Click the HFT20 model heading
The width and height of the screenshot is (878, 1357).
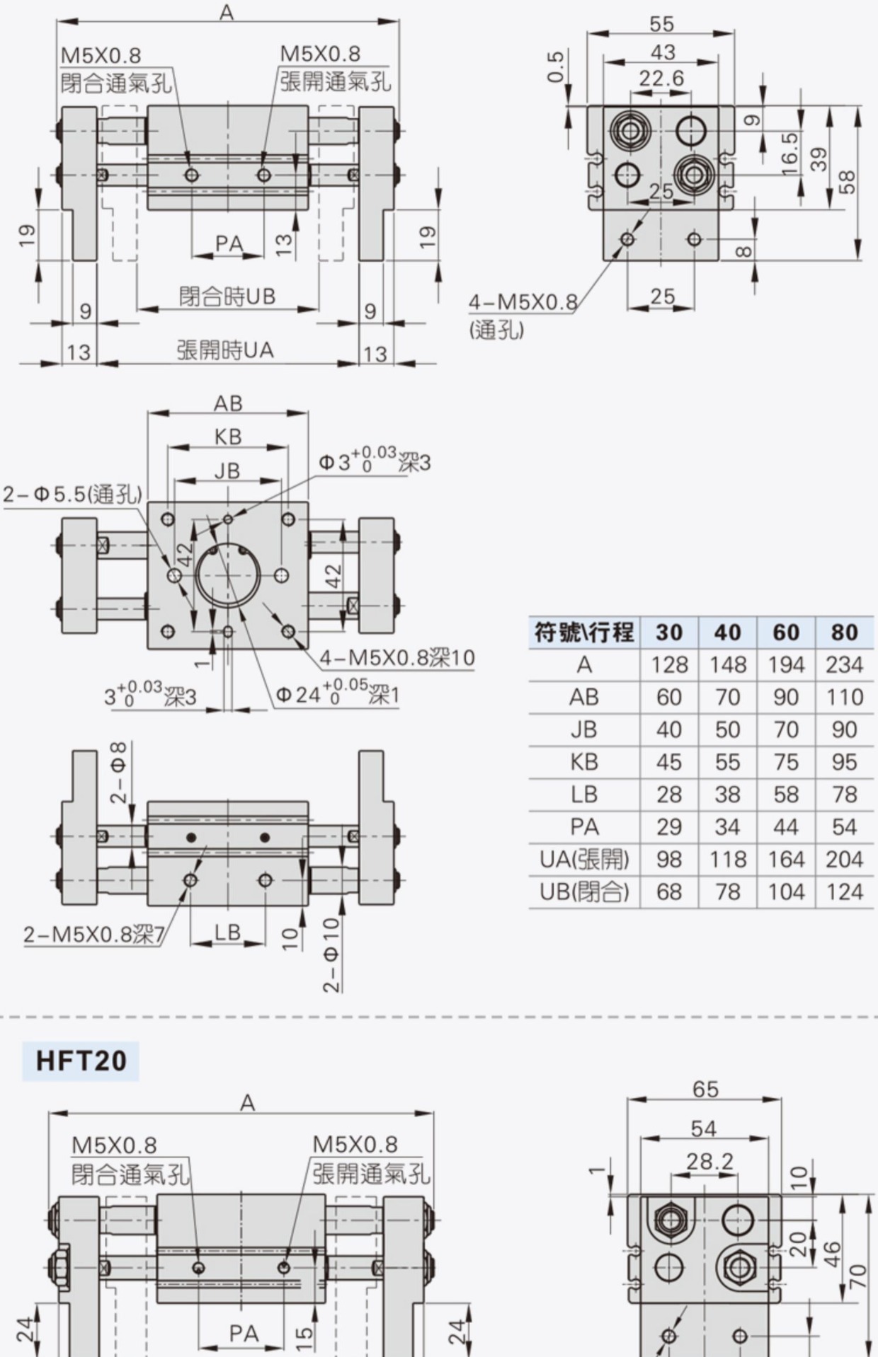coord(81,1061)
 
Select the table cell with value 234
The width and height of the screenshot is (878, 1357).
coord(845,664)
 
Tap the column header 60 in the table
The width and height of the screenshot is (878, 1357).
coord(786,632)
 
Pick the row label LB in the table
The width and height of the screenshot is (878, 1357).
coord(584,795)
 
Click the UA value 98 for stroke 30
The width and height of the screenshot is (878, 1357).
coord(669,860)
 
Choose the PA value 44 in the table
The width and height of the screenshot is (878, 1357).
coord(786,827)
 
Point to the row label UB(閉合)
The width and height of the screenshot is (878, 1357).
coord(584,892)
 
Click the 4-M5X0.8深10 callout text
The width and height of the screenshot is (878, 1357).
coord(397,658)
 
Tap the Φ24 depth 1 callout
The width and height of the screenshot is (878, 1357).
coord(338,693)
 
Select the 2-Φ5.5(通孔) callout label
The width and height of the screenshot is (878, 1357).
coord(73,494)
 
